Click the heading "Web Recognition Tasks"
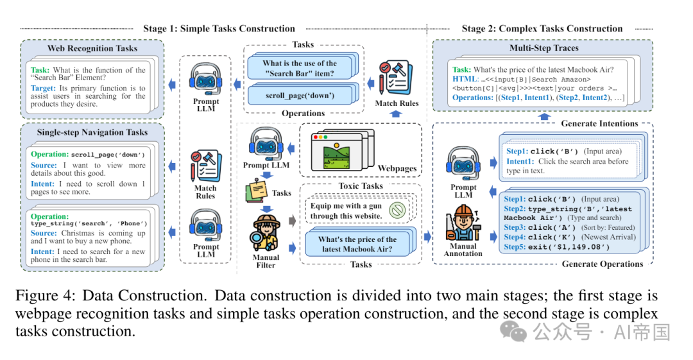(92, 48)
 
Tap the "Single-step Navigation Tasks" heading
(92, 132)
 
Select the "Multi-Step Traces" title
(543, 47)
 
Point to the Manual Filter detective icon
(266, 233)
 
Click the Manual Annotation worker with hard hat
(463, 223)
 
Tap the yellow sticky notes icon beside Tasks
(256, 190)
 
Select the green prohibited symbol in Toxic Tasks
(397, 210)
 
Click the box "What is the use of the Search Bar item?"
(300, 68)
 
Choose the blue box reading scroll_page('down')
(300, 96)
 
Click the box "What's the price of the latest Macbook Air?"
(357, 244)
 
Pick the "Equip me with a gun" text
(346, 205)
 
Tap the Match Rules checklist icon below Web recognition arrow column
(205, 166)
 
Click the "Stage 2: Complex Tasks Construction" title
(542, 29)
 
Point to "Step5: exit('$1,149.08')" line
(557, 247)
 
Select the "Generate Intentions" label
(599, 123)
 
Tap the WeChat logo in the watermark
(513, 332)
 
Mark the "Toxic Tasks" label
(361, 185)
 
